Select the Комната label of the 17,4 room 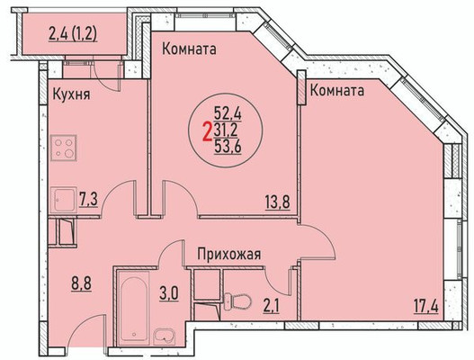pyautogui.click(x=338, y=91)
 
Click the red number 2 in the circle pyautogui.click(x=208, y=128)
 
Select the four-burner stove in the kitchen pyautogui.click(x=65, y=146)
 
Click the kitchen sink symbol pyautogui.click(x=65, y=200)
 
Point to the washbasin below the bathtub pyautogui.click(x=165, y=339)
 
